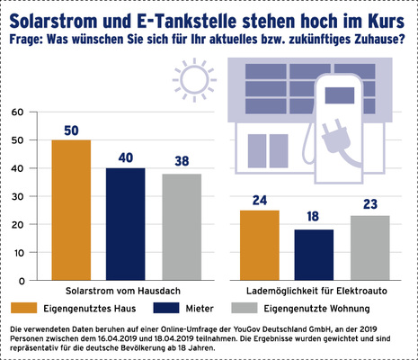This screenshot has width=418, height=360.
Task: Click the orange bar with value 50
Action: (71, 211)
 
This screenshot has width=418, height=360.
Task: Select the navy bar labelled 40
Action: (126, 225)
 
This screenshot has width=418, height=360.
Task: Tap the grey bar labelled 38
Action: (181, 228)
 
